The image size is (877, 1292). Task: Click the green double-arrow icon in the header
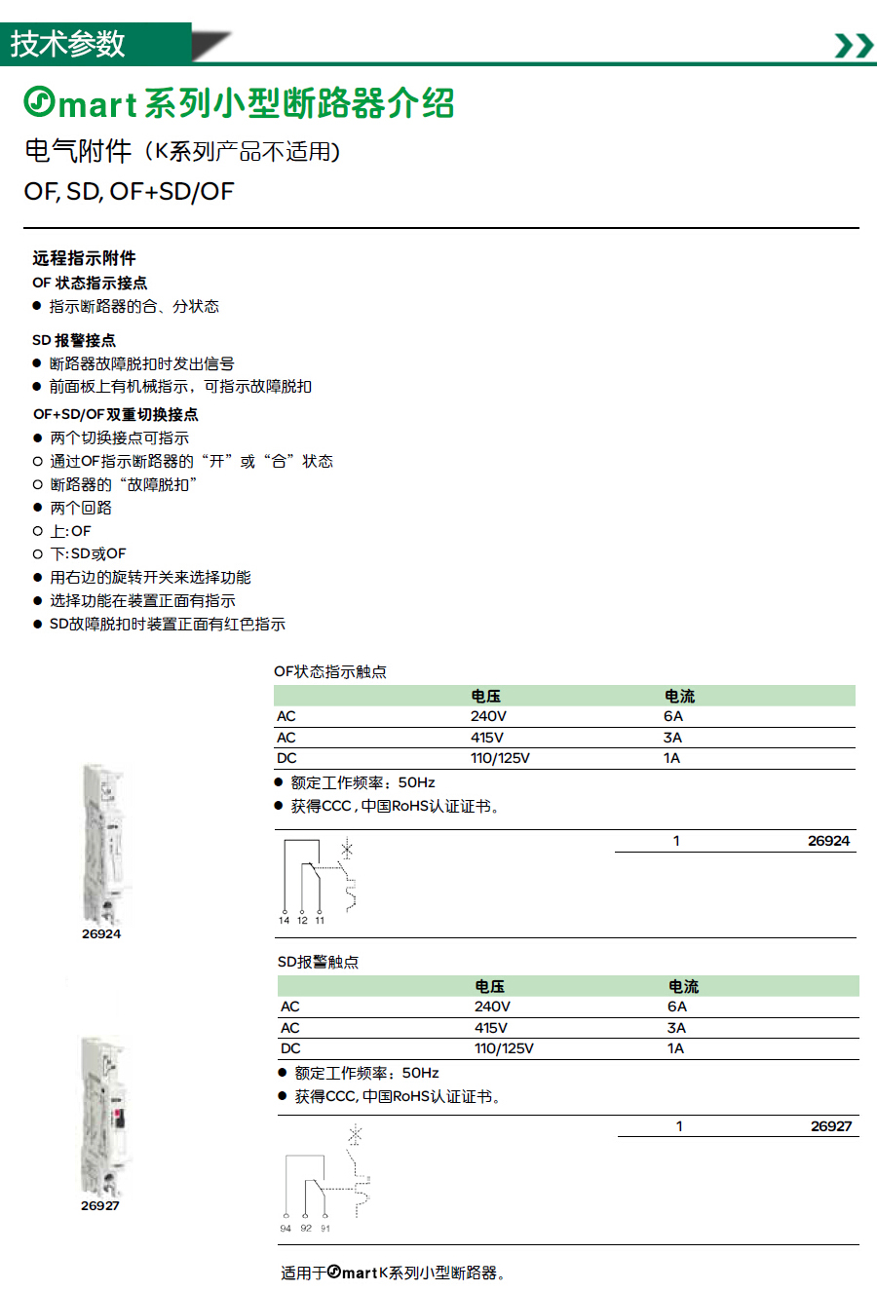click(x=855, y=45)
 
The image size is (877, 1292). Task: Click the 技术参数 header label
click(x=68, y=44)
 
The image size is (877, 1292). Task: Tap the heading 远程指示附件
click(x=84, y=258)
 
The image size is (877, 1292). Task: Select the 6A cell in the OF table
click(x=673, y=716)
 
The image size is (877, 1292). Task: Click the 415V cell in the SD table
click(x=490, y=1028)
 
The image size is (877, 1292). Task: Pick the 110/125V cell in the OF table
click(x=500, y=758)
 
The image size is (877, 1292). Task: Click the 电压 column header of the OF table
click(x=485, y=696)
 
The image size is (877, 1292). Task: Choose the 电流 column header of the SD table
click(x=683, y=986)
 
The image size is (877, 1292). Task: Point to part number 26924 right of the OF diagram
click(x=828, y=841)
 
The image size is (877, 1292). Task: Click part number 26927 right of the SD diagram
click(x=831, y=1126)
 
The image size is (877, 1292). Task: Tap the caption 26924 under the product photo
click(x=101, y=933)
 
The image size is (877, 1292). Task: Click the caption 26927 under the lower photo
click(x=100, y=1205)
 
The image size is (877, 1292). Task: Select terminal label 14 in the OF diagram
click(x=284, y=920)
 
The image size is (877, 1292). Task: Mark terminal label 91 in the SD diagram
click(x=325, y=1229)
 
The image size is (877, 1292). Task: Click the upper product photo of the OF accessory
click(x=104, y=844)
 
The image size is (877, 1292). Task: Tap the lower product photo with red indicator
click(x=102, y=1116)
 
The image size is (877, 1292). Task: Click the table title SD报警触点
click(x=318, y=962)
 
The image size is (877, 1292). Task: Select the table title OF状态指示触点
click(x=330, y=671)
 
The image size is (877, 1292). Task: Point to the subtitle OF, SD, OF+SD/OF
click(x=129, y=191)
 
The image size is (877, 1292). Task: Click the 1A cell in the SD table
click(x=675, y=1048)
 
